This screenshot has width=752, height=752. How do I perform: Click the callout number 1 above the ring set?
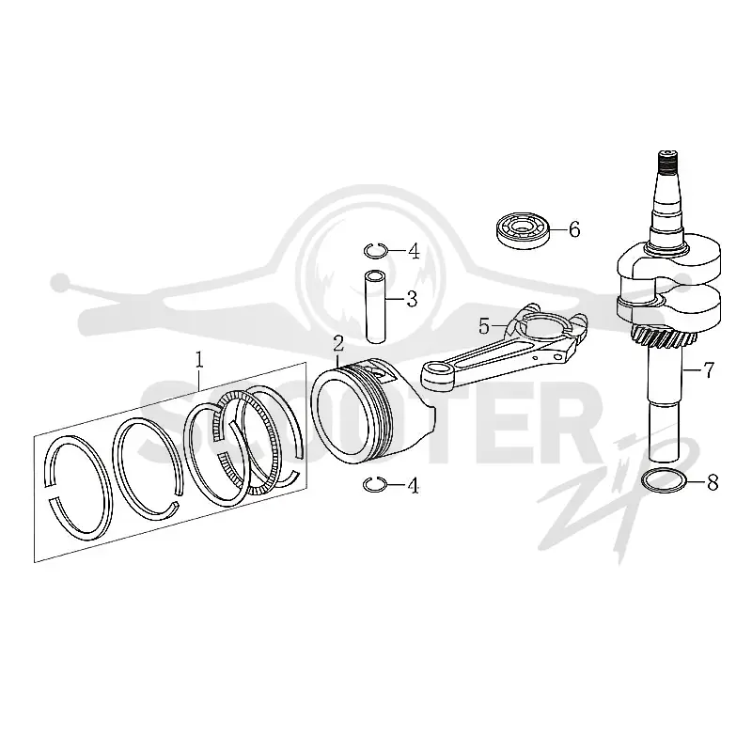click(x=199, y=361)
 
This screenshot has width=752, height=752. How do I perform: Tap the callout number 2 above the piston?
click(x=339, y=344)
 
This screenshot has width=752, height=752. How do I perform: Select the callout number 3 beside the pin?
click(x=412, y=299)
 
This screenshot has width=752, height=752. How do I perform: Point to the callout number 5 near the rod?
click(x=484, y=326)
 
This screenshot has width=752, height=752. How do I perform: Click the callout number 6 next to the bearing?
click(x=574, y=229)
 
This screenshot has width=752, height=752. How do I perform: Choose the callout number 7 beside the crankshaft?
click(x=709, y=369)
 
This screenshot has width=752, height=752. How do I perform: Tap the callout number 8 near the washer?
click(x=713, y=482)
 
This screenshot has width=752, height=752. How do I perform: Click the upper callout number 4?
click(x=414, y=251)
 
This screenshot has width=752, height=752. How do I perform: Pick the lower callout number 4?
click(x=413, y=486)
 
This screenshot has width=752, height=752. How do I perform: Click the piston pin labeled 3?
click(x=375, y=307)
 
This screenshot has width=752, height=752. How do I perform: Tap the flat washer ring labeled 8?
click(x=665, y=481)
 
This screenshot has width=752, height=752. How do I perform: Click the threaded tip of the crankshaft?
click(x=668, y=163)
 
